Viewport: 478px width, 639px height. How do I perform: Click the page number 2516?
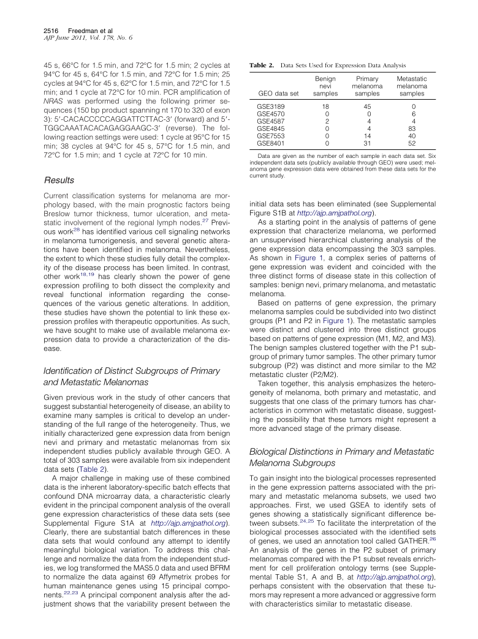point(52,30)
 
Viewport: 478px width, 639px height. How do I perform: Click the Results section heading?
point(59,181)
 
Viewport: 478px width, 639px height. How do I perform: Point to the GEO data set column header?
point(278,94)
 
